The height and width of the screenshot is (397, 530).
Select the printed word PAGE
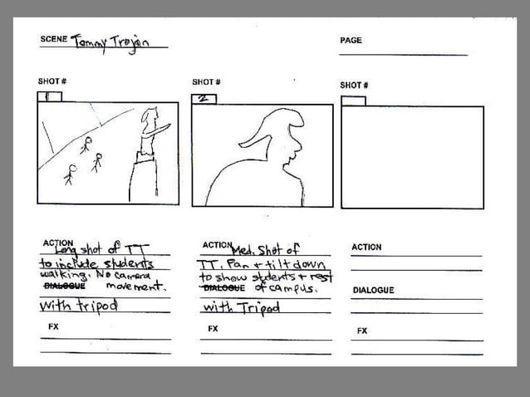pos(351,40)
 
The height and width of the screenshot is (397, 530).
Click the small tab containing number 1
pos(49,96)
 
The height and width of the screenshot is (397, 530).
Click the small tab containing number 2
pos(204,99)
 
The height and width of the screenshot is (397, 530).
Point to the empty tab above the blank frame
pos(353,100)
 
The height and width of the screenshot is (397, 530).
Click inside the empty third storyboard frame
pos(412,157)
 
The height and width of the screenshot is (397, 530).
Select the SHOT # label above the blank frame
pos(354,85)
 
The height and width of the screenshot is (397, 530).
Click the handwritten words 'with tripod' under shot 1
pos(79,305)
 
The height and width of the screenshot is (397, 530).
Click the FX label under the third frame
pos(362,331)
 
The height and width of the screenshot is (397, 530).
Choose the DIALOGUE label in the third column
pos(373,290)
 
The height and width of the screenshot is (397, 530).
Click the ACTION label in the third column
pos(366,247)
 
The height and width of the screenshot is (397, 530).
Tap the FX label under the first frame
pos(53,327)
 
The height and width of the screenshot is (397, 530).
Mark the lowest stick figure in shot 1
pos(70,174)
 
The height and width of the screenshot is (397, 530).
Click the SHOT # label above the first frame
pos(52,81)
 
